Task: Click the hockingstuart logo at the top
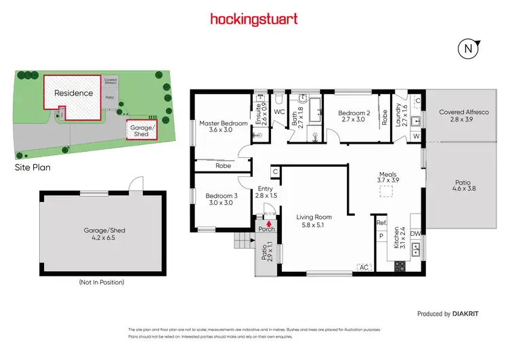coord(254,18)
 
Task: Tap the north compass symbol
coord(467,49)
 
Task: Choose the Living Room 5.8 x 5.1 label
coord(315,222)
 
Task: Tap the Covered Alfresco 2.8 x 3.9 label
coord(464,115)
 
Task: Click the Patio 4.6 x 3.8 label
coord(464,186)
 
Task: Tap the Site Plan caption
coord(33,166)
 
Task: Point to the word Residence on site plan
coord(72,93)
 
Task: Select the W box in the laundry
coord(415,136)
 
